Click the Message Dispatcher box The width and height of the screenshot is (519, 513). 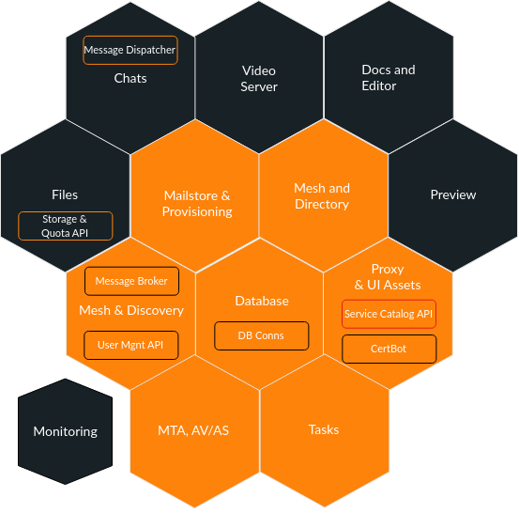(130, 50)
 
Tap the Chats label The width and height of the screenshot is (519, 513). (130, 79)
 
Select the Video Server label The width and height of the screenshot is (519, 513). (259, 79)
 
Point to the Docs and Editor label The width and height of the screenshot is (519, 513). (389, 78)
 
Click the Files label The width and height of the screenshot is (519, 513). (65, 194)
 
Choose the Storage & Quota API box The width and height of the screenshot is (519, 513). (65, 226)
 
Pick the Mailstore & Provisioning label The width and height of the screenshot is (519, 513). (197, 204)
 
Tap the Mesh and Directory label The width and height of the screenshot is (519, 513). (322, 196)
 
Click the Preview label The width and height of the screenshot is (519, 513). (453, 194)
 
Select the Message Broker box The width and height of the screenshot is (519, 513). (131, 281)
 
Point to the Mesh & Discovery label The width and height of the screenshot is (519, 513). (131, 310)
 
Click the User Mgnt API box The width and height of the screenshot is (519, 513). (131, 345)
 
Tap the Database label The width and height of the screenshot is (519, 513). (262, 301)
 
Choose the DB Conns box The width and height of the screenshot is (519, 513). (262, 335)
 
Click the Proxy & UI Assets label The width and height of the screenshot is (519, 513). (388, 277)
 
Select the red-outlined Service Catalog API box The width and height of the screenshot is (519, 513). (389, 314)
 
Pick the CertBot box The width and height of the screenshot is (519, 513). (389, 349)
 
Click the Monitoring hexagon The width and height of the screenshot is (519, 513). (65, 431)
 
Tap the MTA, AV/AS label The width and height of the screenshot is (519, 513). (193, 430)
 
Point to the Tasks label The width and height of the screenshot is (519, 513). (324, 429)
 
